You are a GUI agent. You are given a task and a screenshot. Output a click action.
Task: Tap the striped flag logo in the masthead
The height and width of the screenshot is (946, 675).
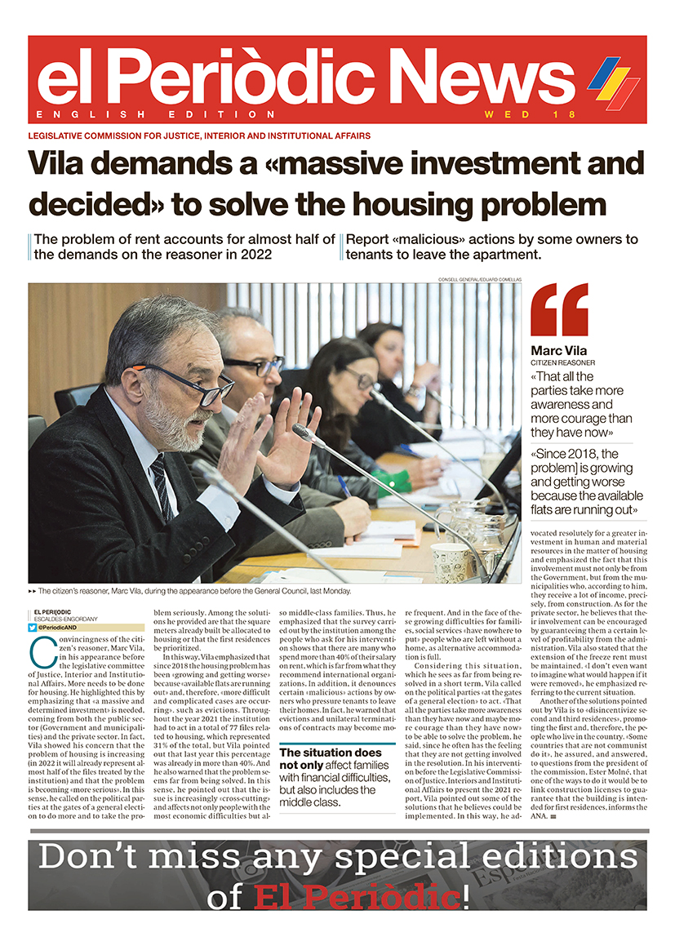click(x=613, y=82)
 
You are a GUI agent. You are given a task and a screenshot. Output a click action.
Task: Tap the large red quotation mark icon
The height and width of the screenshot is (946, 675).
click(x=559, y=309)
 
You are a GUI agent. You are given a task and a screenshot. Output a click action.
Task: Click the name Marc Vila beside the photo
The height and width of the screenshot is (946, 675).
click(x=558, y=351)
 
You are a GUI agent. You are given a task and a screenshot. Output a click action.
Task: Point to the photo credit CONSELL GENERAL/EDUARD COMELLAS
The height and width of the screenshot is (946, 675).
click(x=478, y=280)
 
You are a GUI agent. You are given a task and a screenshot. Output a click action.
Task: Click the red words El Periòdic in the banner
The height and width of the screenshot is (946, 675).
click(x=357, y=898)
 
